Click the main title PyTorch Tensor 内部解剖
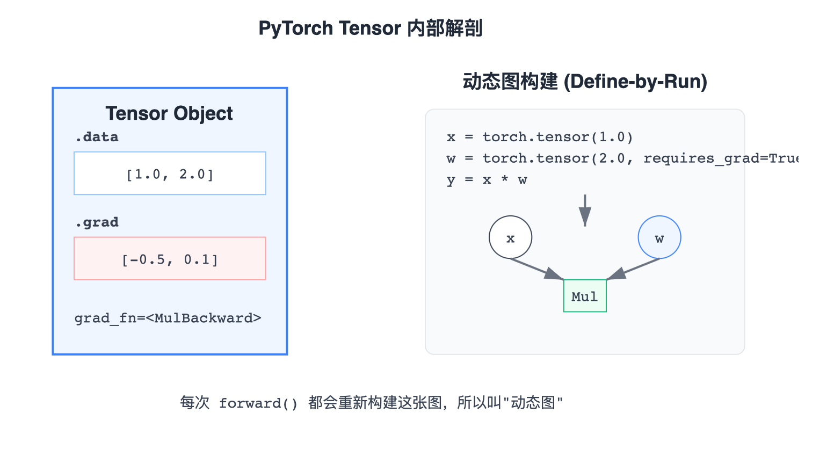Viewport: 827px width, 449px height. pos(371,28)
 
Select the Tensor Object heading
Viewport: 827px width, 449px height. pos(169,113)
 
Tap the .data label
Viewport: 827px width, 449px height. pos(97,137)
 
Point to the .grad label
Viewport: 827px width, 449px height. pos(97,222)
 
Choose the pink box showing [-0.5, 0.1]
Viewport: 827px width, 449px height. pos(170,259)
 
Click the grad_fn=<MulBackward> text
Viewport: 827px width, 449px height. pos(168,318)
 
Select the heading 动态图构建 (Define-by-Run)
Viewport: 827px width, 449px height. pos(585,82)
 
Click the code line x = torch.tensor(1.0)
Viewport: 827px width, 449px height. pos(540,137)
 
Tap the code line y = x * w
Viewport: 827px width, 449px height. pos(487,180)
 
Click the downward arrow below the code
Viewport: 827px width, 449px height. pos(585,210)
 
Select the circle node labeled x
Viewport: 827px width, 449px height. pos(510,237)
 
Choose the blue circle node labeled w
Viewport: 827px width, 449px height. pos(659,237)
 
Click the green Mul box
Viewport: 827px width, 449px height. pos(585,296)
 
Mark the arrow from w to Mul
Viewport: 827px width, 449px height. pos(634,269)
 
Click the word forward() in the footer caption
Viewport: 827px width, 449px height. pos(258,403)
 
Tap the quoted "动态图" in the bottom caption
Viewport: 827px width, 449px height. pos(533,403)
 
